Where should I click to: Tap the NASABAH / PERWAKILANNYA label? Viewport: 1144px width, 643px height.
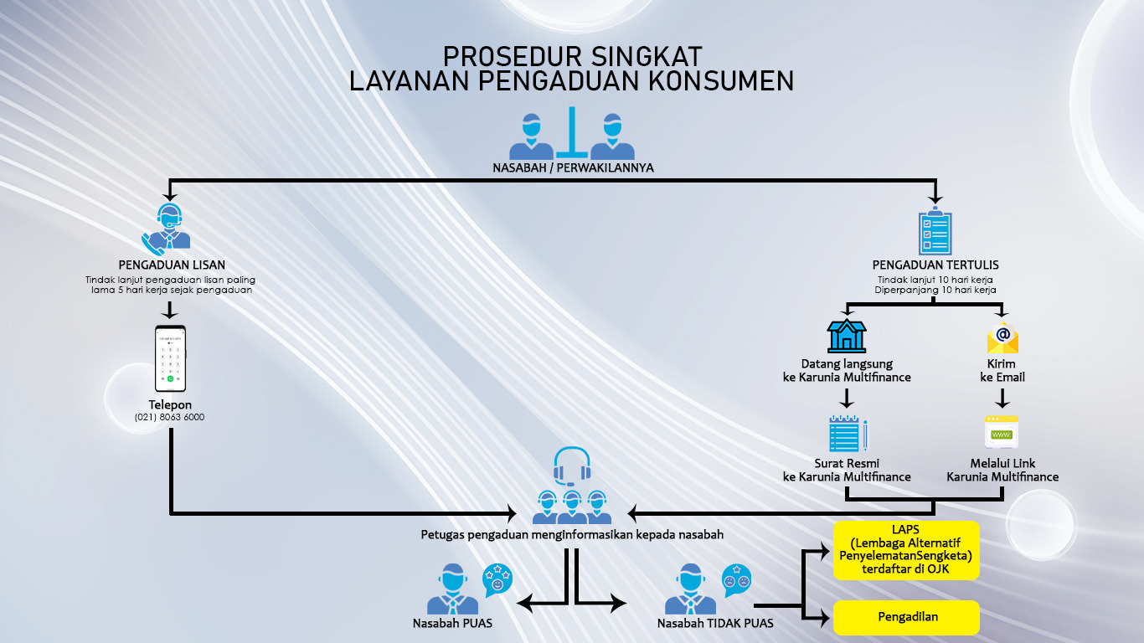point(573,167)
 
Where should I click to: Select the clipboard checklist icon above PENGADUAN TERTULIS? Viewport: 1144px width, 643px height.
point(935,231)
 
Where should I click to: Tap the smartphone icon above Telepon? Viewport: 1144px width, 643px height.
point(170,359)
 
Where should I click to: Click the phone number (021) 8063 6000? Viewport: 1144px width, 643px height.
point(169,417)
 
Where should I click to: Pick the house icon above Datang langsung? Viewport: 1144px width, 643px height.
point(847,336)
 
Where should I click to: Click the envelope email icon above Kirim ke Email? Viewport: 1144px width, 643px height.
point(1002,337)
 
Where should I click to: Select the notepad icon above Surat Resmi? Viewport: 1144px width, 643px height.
point(847,434)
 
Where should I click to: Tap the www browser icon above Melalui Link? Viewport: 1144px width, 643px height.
point(1001,433)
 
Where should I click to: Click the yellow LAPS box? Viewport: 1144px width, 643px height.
point(906,549)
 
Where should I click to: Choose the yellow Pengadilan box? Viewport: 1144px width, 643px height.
point(906,617)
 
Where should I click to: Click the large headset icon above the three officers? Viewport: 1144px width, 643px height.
point(572,466)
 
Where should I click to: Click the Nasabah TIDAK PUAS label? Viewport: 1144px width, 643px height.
point(714,623)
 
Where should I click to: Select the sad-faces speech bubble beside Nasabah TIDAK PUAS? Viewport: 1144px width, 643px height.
point(737,580)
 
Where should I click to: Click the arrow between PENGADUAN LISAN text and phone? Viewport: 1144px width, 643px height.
point(170,309)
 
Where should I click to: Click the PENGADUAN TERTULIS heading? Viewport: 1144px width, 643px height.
point(935,265)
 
